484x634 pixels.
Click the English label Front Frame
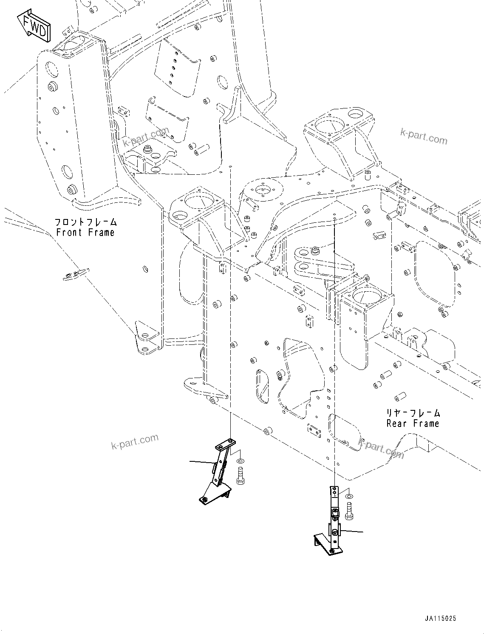tap(85, 233)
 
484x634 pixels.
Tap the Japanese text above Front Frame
tap(85, 222)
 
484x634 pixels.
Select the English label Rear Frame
tap(413, 424)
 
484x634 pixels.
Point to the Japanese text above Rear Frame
tap(413, 413)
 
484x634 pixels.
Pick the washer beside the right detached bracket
tap(349, 496)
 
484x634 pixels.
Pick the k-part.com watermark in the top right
tap(423, 136)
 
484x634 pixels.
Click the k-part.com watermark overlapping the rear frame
tap(381, 449)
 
